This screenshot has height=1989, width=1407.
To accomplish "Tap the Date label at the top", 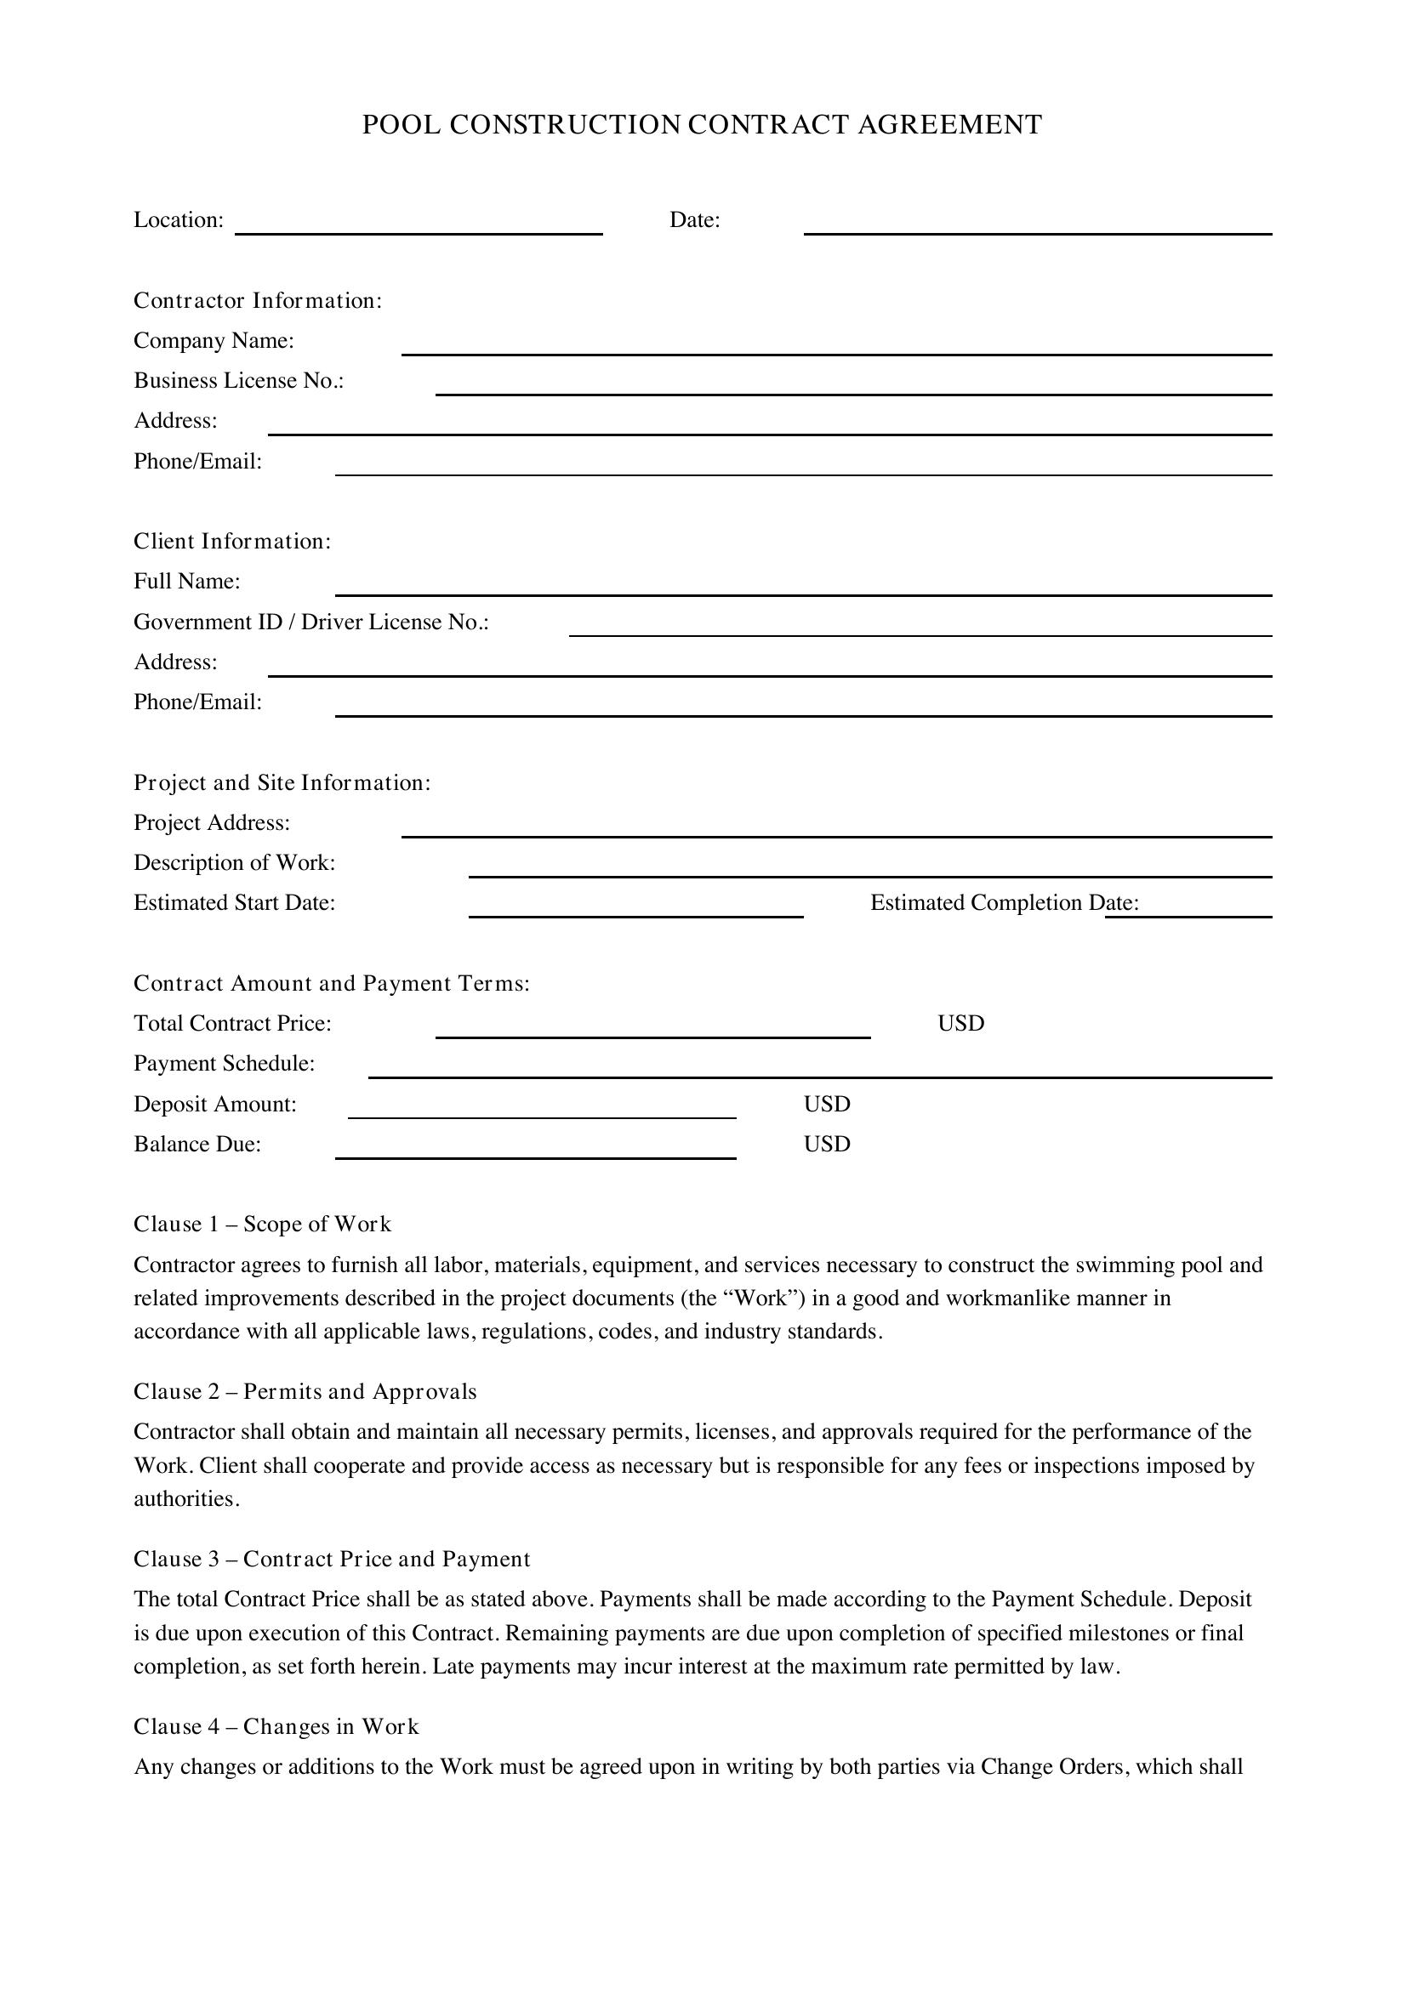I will pyautogui.click(x=695, y=220).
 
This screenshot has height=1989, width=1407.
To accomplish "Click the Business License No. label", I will pyautogui.click(x=238, y=381).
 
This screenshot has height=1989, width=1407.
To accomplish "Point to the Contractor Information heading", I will pyautogui.click(x=257, y=300).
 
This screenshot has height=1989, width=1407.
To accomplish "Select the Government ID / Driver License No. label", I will pyautogui.click(x=311, y=622).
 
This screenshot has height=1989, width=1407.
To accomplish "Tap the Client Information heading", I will pyautogui.click(x=232, y=542).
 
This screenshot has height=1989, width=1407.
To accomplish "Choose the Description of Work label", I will pyautogui.click(x=234, y=863).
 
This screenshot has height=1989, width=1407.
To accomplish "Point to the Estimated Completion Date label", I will pyautogui.click(x=1004, y=903).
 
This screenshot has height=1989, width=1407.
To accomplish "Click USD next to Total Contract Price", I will pyautogui.click(x=960, y=1023).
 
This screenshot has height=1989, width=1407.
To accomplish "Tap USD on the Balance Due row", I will pyautogui.click(x=827, y=1145).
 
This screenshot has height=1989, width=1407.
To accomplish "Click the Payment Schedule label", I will pyautogui.click(x=224, y=1064).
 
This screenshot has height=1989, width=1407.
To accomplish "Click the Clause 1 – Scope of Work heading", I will pyautogui.click(x=262, y=1224).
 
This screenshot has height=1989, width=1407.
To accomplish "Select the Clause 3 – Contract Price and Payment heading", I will pyautogui.click(x=331, y=1560).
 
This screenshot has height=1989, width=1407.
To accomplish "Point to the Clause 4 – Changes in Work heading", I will pyautogui.click(x=276, y=1726).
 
